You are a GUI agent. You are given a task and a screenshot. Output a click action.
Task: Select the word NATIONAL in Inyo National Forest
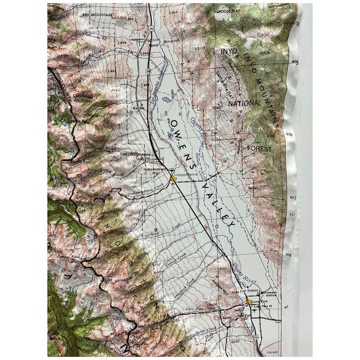pos(245,103)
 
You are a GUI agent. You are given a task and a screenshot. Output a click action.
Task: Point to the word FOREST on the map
pos(259,149)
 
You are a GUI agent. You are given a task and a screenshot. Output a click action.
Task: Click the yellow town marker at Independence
pos(174,178)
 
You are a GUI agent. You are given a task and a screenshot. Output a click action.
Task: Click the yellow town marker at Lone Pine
pos(248,303)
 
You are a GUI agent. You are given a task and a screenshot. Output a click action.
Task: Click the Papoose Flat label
pos(264,9)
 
